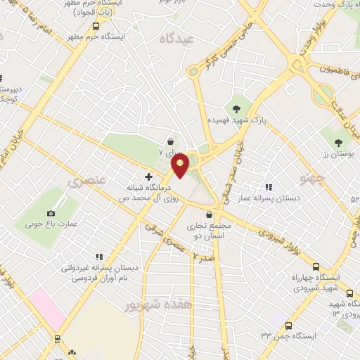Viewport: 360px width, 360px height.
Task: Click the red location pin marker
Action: coord(180,166)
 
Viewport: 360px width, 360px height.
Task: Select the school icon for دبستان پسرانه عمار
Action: coord(268,187)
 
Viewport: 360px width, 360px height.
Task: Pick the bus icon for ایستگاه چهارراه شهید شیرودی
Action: coord(316,267)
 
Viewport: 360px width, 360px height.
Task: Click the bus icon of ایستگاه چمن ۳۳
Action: coord(289,326)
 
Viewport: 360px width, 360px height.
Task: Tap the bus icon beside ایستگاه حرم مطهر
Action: coord(96,26)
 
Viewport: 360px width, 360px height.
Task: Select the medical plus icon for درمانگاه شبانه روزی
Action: coord(148,176)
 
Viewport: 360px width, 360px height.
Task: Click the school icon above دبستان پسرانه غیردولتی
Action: coord(99,257)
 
